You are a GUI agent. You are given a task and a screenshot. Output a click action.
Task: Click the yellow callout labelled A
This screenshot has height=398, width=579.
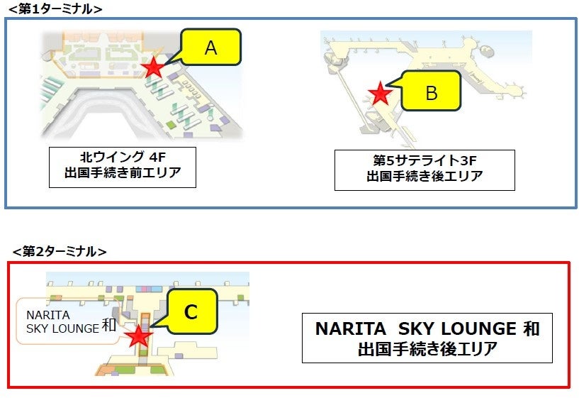210,48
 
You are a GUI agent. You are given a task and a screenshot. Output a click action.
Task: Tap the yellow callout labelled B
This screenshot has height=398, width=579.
432,92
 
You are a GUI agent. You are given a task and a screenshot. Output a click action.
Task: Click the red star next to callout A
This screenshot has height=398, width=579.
152,67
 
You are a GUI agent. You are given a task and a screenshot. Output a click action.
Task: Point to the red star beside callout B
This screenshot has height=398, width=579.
381,92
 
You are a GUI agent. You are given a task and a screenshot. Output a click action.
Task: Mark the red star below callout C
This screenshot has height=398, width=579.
139,336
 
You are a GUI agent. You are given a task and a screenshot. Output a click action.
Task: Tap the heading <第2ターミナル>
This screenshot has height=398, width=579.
60,251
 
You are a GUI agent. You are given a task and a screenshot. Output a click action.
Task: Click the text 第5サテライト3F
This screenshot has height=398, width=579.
425,160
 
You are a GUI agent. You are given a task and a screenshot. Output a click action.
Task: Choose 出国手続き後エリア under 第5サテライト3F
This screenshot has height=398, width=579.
425,177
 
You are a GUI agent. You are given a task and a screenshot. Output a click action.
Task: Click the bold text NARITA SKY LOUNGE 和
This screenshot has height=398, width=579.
427,329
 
